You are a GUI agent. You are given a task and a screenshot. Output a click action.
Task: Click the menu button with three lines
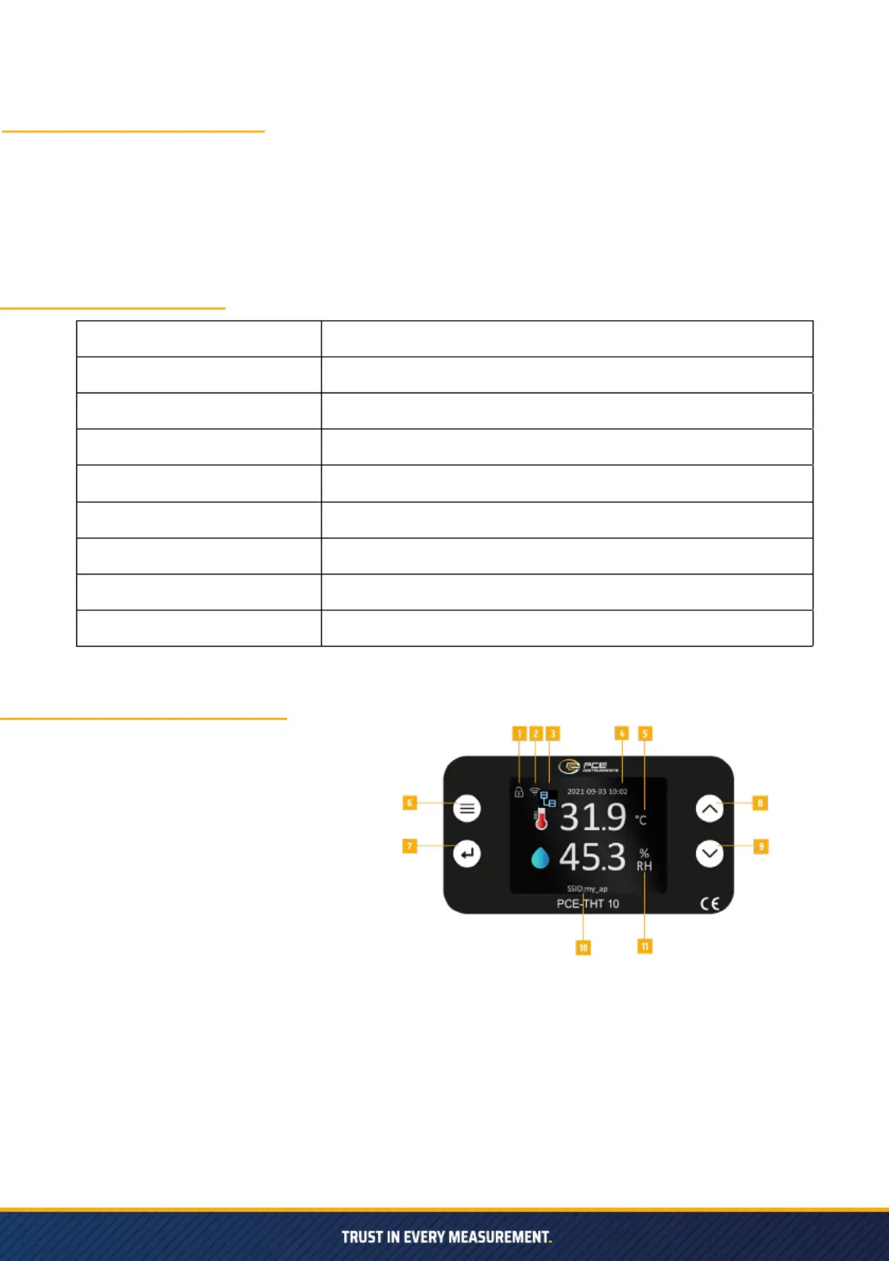tap(467, 809)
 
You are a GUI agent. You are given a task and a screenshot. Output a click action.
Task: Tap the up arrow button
tap(709, 809)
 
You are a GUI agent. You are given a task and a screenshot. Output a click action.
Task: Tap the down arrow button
tap(709, 853)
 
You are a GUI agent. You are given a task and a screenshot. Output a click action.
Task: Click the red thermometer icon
tap(541, 818)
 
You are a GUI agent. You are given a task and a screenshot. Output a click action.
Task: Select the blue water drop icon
tap(540, 858)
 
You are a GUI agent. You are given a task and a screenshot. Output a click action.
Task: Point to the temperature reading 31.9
tap(593, 817)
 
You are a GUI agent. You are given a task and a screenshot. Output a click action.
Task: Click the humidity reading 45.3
tap(593, 857)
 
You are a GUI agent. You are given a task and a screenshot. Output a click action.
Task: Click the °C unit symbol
tap(641, 820)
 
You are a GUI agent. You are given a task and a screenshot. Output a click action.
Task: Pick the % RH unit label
tap(644, 860)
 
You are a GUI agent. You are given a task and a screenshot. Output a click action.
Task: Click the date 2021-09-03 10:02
tap(597, 791)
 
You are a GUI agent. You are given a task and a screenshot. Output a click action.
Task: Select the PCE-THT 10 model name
tap(588, 904)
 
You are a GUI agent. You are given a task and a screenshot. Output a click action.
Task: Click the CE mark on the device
tap(709, 903)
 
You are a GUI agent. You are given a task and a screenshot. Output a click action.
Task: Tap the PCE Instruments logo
tap(588, 767)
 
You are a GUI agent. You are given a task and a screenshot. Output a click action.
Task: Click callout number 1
tap(520, 733)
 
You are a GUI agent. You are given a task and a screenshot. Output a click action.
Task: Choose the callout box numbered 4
tap(622, 733)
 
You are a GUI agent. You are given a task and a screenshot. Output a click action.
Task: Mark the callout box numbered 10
tap(583, 948)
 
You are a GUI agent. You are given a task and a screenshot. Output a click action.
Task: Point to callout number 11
tap(645, 946)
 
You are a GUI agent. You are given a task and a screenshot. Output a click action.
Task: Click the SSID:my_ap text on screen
tap(587, 889)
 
